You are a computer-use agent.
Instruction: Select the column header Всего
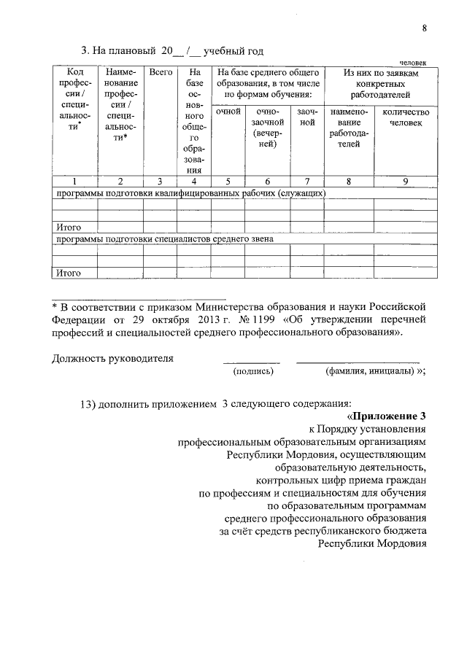point(161,73)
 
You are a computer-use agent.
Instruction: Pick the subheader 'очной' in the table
point(228,112)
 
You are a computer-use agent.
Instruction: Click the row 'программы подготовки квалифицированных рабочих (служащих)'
point(188,193)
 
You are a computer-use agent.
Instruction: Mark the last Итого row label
point(67,273)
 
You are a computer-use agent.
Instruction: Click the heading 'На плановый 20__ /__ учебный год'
point(171,51)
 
